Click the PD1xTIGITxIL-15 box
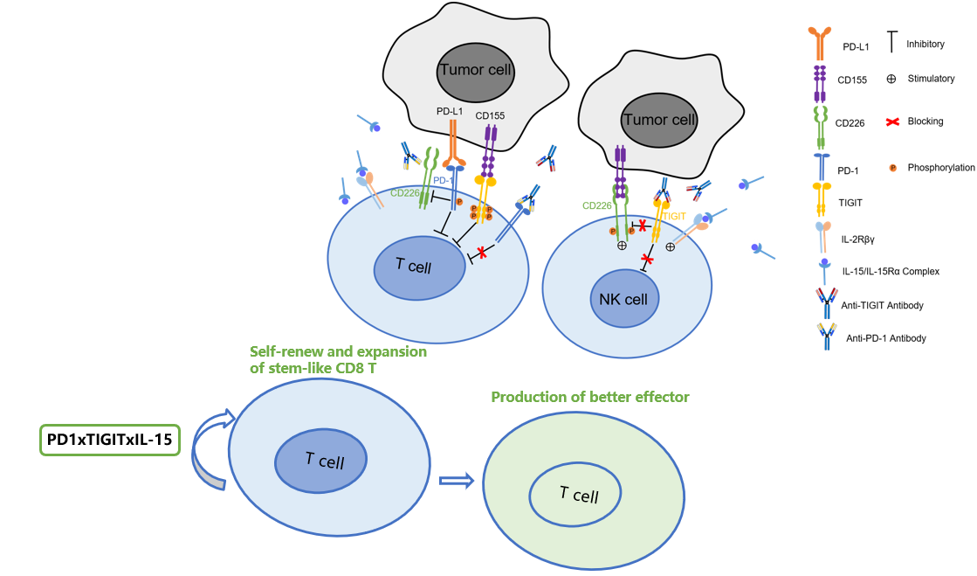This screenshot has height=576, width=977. pyautogui.click(x=109, y=441)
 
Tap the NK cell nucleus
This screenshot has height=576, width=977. pyautogui.click(x=623, y=299)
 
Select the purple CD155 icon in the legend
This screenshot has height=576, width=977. pyautogui.click(x=820, y=82)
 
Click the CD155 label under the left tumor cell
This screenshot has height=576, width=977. pyautogui.click(x=491, y=115)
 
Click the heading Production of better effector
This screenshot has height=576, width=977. pyautogui.click(x=589, y=397)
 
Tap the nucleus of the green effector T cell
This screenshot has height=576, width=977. pyautogui.click(x=575, y=495)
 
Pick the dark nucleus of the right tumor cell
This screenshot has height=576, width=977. pyautogui.click(x=658, y=120)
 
